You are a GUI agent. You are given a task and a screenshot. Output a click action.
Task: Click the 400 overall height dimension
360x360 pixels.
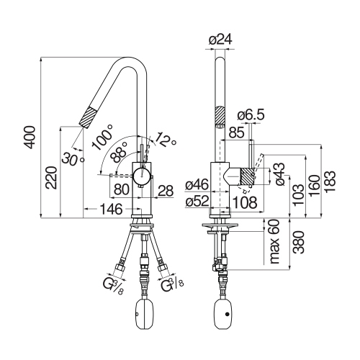(x=30, y=137)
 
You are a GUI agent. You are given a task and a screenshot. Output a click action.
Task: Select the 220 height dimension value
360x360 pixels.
(x=52, y=178)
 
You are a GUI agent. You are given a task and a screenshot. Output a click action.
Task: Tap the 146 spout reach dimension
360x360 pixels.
(x=111, y=209)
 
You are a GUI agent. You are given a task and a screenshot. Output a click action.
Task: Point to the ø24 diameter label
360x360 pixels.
(x=220, y=40)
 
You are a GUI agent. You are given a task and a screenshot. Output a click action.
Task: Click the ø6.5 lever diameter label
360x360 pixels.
(x=251, y=114)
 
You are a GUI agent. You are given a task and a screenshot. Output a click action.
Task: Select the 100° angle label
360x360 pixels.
(x=102, y=137)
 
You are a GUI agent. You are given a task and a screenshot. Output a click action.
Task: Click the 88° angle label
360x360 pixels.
(x=119, y=152)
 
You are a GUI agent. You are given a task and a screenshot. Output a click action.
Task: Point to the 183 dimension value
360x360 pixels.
(x=330, y=181)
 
